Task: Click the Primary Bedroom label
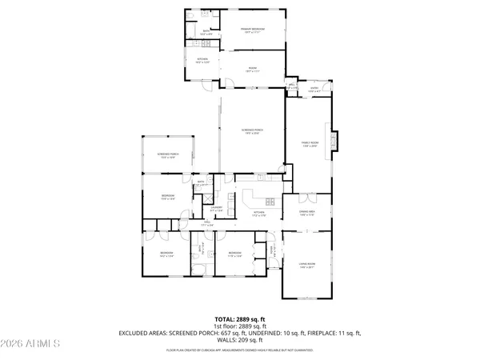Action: pos(253,30)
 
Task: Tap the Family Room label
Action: pos(310,144)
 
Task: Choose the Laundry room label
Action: pos(216,209)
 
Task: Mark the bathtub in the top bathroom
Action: pos(192,30)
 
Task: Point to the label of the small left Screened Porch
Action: pos(168,157)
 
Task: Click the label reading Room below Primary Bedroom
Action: pos(253,70)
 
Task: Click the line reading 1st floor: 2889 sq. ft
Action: pos(240,326)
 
